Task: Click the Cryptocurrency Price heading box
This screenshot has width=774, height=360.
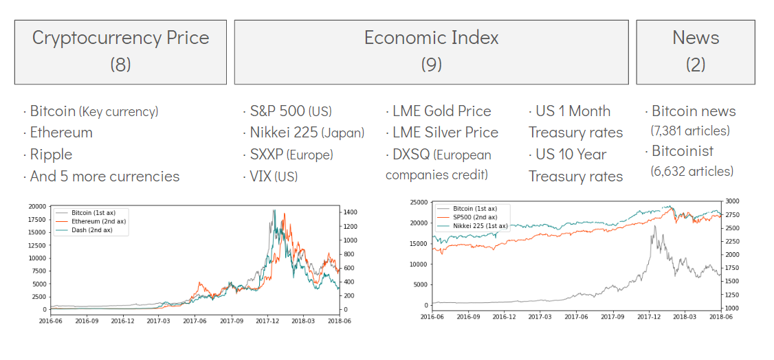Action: [120, 52]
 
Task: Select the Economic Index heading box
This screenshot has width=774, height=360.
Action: [431, 52]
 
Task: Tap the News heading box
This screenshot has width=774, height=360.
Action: [695, 52]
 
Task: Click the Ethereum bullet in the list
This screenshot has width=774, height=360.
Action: [60, 133]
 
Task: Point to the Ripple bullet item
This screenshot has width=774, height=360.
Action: [50, 155]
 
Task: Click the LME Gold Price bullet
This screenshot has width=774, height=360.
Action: [441, 111]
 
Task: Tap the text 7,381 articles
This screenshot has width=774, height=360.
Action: [690, 130]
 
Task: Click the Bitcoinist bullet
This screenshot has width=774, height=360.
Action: [682, 151]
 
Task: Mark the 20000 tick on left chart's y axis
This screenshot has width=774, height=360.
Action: [36, 207]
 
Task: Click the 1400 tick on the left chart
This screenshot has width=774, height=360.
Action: [350, 212]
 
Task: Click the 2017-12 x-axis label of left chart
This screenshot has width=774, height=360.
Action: [267, 321]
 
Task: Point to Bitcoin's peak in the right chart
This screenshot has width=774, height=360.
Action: [654, 226]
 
